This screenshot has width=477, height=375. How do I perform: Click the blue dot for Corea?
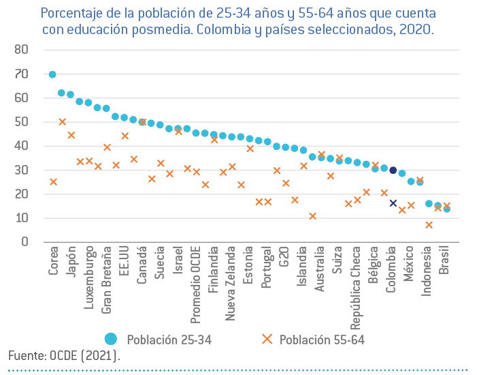(x=52, y=74)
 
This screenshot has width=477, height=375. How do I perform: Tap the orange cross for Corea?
(x=53, y=182)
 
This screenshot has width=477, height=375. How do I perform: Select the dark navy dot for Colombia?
(x=393, y=170)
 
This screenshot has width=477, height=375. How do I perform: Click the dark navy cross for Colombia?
(x=393, y=203)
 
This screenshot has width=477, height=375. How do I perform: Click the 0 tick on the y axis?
(x=24, y=242)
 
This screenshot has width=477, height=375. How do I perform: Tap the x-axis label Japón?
(x=71, y=262)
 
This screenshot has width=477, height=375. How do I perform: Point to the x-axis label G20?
(x=285, y=258)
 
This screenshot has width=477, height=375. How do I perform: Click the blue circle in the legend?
(x=112, y=339)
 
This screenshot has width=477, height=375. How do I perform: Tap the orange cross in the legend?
(x=267, y=339)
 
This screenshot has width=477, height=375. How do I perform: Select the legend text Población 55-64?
(x=322, y=340)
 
